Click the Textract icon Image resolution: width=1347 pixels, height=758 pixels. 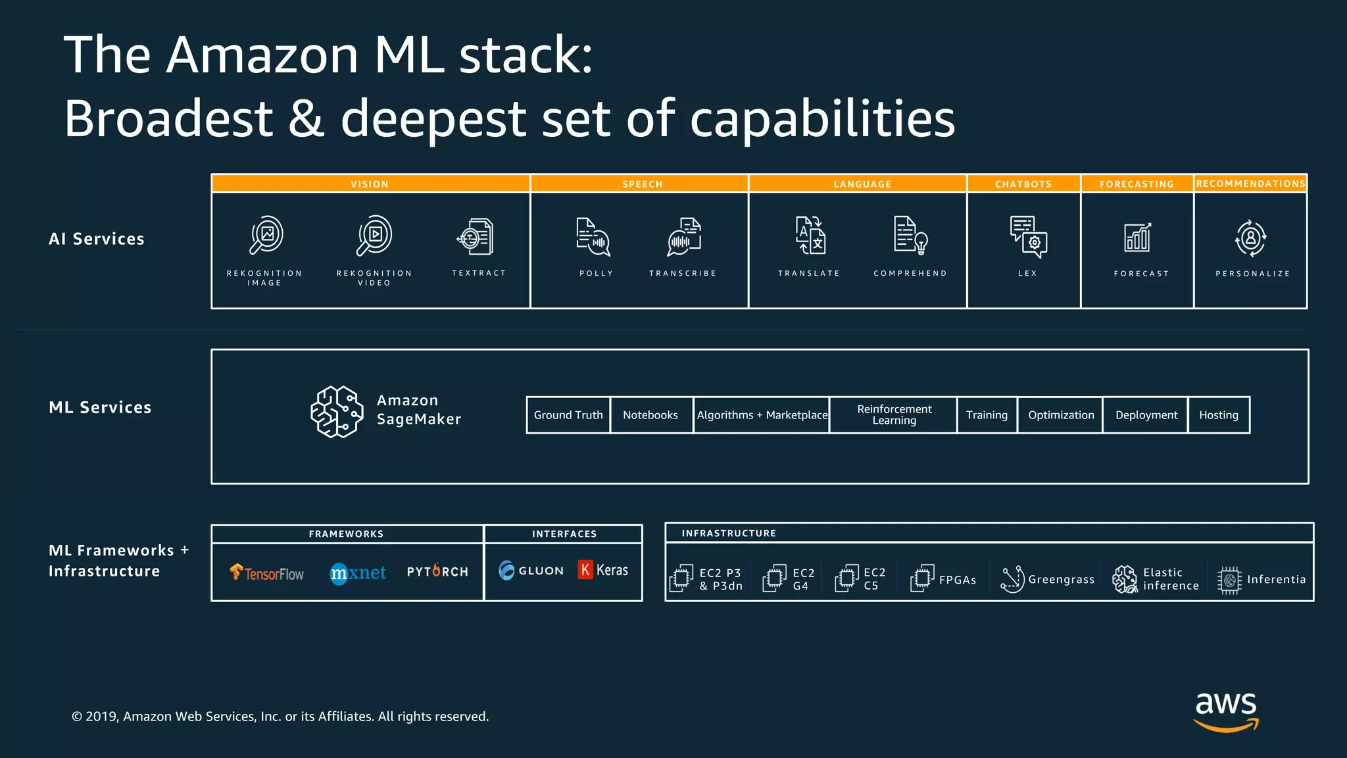[476, 237]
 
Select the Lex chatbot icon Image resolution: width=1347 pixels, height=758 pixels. [1028, 236]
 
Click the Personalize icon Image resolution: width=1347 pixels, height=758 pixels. [1250, 238]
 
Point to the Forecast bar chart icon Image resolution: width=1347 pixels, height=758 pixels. [1137, 238]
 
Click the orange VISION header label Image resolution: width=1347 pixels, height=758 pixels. [370, 184]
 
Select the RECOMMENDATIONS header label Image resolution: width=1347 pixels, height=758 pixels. [1250, 184]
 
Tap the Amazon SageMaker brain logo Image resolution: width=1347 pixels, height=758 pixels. [337, 412]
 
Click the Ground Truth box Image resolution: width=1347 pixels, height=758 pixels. [568, 415]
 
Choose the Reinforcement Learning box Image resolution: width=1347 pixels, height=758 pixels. [894, 415]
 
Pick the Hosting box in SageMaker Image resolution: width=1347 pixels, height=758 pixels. [1218, 415]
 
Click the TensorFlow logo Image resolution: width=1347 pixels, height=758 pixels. [267, 572]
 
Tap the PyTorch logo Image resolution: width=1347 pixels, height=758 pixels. [437, 571]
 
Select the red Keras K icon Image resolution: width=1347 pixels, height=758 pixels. [585, 570]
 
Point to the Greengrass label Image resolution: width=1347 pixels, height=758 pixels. [1061, 580]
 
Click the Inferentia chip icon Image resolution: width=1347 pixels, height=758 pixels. [1229, 580]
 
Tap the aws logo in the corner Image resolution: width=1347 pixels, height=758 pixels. [1226, 711]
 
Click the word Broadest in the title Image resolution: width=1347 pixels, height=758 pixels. [168, 118]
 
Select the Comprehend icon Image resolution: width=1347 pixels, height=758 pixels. [910, 236]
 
